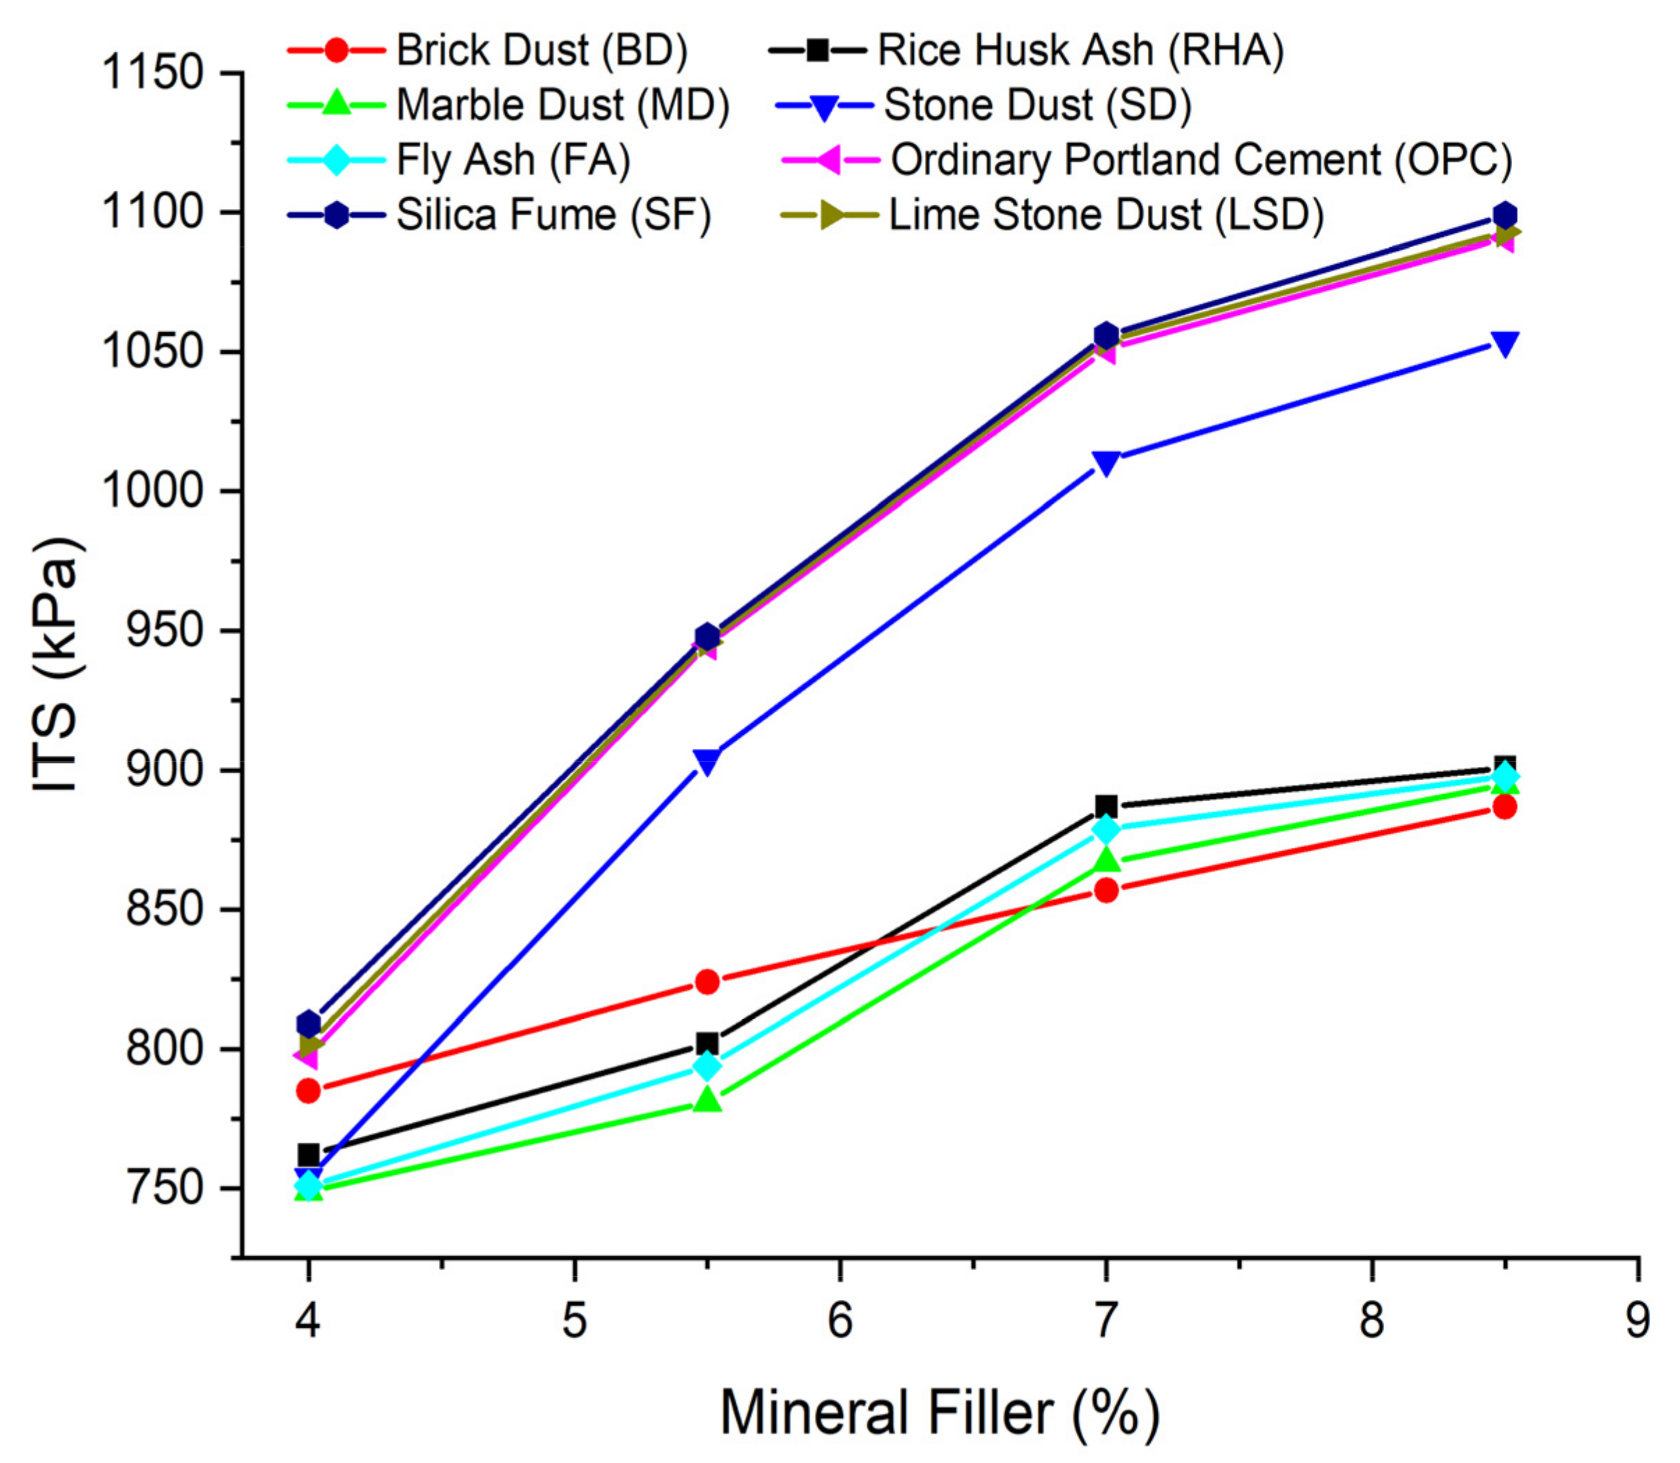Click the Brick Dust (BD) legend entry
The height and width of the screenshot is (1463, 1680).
point(542,51)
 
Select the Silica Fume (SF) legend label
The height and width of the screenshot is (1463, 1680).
point(554,215)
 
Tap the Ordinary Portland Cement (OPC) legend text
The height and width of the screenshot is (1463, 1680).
point(1201,160)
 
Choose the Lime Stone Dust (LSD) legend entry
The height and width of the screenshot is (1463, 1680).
point(1105,215)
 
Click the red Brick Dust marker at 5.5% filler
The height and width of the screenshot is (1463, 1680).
point(707,982)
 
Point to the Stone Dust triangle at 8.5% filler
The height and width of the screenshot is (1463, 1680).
point(1504,343)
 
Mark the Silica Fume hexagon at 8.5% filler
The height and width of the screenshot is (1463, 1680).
point(1504,215)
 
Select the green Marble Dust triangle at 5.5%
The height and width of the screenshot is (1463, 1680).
point(707,1101)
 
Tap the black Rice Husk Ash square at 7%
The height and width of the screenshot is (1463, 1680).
point(1106,806)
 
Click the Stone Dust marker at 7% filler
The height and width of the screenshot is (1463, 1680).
point(1106,463)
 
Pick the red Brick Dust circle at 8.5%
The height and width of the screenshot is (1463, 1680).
point(1504,807)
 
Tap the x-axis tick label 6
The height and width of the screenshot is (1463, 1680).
point(840,1320)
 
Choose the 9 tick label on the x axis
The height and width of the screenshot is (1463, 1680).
point(1637,1320)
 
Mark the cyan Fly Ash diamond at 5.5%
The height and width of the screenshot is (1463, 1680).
point(707,1066)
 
